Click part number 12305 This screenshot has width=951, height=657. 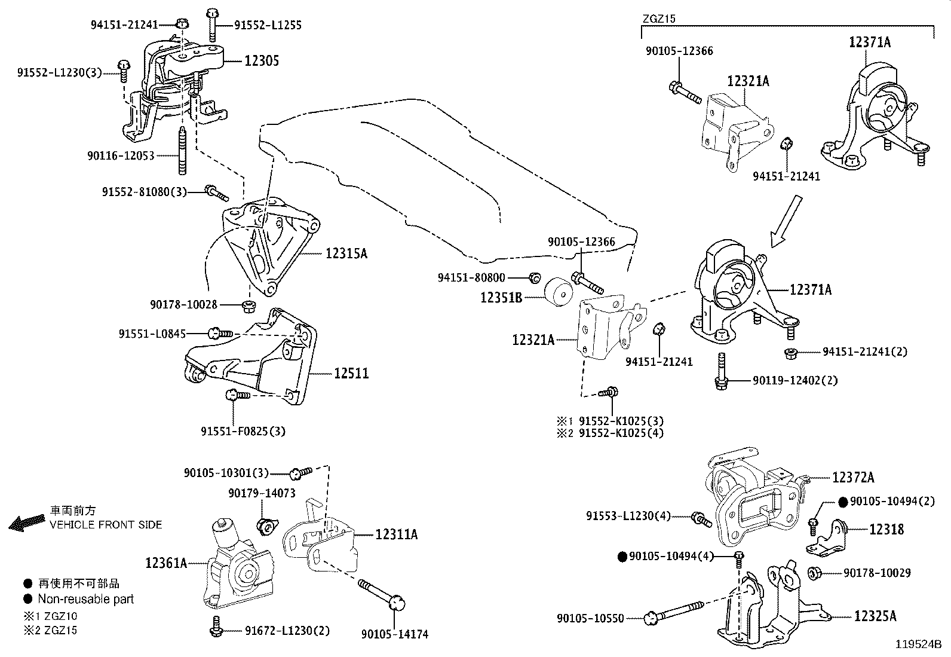pos(261,60)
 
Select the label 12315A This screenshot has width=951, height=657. pos(346,253)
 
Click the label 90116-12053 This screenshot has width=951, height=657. pos(121,156)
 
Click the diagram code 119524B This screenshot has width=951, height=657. pos(918,644)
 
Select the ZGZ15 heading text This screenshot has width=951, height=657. pos(659,19)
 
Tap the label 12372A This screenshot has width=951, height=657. pos(853,477)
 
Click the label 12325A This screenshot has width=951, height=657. pos(875,616)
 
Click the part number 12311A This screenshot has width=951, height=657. pos(396,534)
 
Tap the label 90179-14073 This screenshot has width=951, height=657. pos(262,493)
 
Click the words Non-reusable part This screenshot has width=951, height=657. pos(85,599)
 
